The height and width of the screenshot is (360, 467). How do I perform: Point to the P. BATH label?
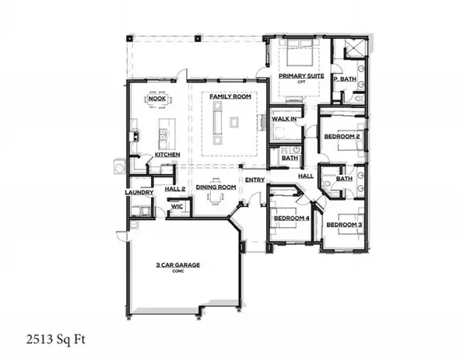pos(344,79)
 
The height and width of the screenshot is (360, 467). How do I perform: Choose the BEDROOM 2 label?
pos(342,136)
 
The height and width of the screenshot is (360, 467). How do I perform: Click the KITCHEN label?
pos(167,155)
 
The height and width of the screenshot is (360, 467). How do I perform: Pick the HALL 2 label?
pos(175,187)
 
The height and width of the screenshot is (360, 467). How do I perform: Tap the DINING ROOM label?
pos(216,187)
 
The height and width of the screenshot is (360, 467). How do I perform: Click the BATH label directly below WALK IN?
pos(290,158)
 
